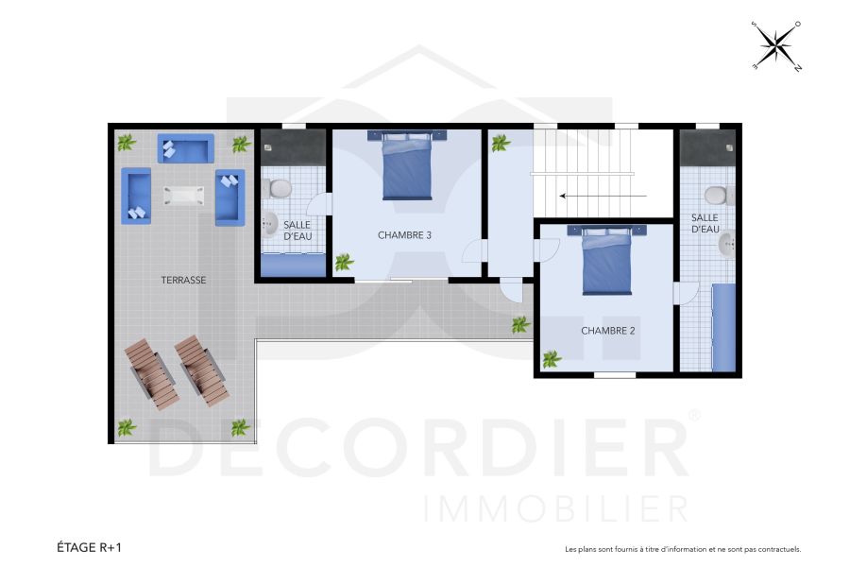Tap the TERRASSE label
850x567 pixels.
click(183, 280)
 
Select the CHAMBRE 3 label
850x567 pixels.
click(404, 235)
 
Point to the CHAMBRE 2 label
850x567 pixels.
click(607, 331)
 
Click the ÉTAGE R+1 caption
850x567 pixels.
click(89, 547)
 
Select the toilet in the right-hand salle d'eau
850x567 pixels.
click(717, 196)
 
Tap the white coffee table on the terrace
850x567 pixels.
click(183, 195)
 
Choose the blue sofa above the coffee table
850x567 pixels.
click(185, 148)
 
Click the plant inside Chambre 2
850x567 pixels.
click(551, 358)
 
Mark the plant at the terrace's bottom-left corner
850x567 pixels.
click(127, 427)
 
